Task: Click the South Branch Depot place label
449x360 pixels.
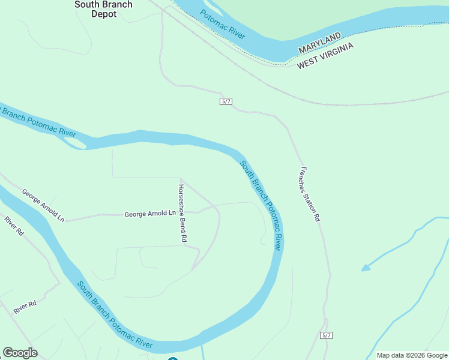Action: (103, 9)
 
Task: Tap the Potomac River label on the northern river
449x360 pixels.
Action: (223, 25)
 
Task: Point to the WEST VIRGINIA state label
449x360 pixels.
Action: (325, 56)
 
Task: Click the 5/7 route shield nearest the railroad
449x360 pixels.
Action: (226, 101)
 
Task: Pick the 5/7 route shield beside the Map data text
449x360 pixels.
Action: (326, 335)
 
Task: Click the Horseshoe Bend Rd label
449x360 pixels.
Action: (183, 212)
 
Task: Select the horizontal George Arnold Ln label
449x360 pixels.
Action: (150, 214)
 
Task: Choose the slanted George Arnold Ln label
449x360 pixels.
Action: (43, 205)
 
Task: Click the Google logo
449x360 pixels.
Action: (20, 353)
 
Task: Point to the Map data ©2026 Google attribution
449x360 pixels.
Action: (412, 355)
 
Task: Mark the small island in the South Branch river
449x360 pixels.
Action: (76, 142)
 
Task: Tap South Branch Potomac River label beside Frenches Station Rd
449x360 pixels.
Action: (261, 205)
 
